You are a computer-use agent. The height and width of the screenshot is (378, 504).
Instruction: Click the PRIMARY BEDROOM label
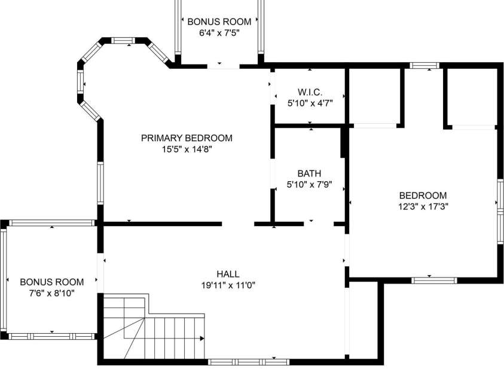point(187,138)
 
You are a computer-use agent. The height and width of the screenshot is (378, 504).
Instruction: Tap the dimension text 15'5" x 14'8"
point(187,150)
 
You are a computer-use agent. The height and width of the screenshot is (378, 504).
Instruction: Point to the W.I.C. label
point(310,92)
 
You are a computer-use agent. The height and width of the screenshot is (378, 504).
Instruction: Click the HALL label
point(228,274)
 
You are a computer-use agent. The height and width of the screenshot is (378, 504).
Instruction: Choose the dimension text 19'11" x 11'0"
point(228,285)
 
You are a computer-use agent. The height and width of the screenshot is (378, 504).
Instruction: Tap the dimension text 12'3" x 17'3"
point(423,206)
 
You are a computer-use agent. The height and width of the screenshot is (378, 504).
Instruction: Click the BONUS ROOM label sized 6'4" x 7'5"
point(219,22)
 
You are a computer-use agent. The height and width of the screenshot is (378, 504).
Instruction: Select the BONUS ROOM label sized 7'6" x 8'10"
point(52,282)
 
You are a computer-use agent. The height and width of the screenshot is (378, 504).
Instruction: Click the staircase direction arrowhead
point(202,339)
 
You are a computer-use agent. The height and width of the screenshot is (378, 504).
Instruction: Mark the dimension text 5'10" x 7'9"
point(309,185)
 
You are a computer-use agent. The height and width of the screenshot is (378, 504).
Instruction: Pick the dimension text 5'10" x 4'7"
point(310,103)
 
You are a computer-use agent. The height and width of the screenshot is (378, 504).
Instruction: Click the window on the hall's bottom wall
point(248,362)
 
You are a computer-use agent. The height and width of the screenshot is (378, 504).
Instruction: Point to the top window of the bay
point(124,40)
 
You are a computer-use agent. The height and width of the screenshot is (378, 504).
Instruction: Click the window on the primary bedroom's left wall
point(100,182)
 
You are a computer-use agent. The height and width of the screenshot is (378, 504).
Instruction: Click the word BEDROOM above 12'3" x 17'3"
point(423,195)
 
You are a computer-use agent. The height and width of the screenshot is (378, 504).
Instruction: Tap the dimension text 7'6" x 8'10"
point(52,293)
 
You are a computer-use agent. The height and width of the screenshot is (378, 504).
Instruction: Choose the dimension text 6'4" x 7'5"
point(219,33)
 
